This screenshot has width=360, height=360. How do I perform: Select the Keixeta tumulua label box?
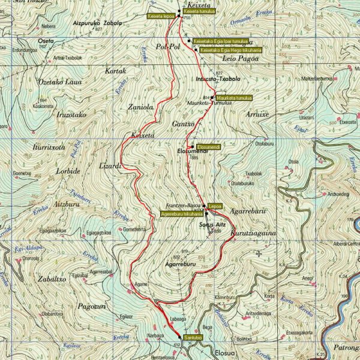pyautogui.click(x=199, y=11)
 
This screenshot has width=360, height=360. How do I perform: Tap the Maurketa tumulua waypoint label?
pyautogui.click(x=233, y=97)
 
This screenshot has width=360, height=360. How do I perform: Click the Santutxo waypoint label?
pyautogui.click(x=194, y=337)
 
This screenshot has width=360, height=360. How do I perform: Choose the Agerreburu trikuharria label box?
pyautogui.click(x=182, y=214)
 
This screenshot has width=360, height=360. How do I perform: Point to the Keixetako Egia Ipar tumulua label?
pyautogui.click(x=220, y=41)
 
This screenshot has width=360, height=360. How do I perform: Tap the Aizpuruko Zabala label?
pyautogui.click(x=97, y=23)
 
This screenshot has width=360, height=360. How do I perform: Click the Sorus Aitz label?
pyautogui.click(x=210, y=224)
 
